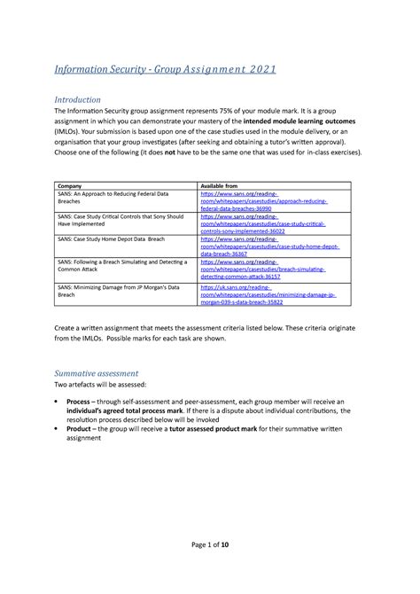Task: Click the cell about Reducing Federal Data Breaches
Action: coord(115,197)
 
